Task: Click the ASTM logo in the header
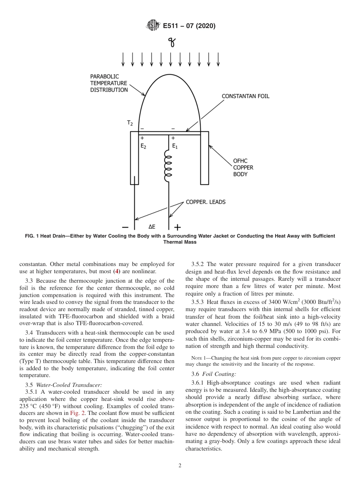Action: tap(153, 26)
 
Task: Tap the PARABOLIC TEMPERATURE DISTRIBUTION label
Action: tap(109, 83)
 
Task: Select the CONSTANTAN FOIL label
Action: tap(245, 96)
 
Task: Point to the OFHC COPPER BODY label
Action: tap(243, 167)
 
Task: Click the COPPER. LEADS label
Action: tap(205, 202)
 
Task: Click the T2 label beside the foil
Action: tap(130, 123)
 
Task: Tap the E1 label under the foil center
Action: tap(174, 147)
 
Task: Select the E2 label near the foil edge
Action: tap(143, 147)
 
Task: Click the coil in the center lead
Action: tap(168, 166)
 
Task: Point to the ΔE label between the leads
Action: tap(152, 227)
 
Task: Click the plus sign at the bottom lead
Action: tap(177, 227)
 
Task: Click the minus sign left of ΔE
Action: tap(126, 227)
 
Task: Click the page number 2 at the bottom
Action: tap(180, 466)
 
